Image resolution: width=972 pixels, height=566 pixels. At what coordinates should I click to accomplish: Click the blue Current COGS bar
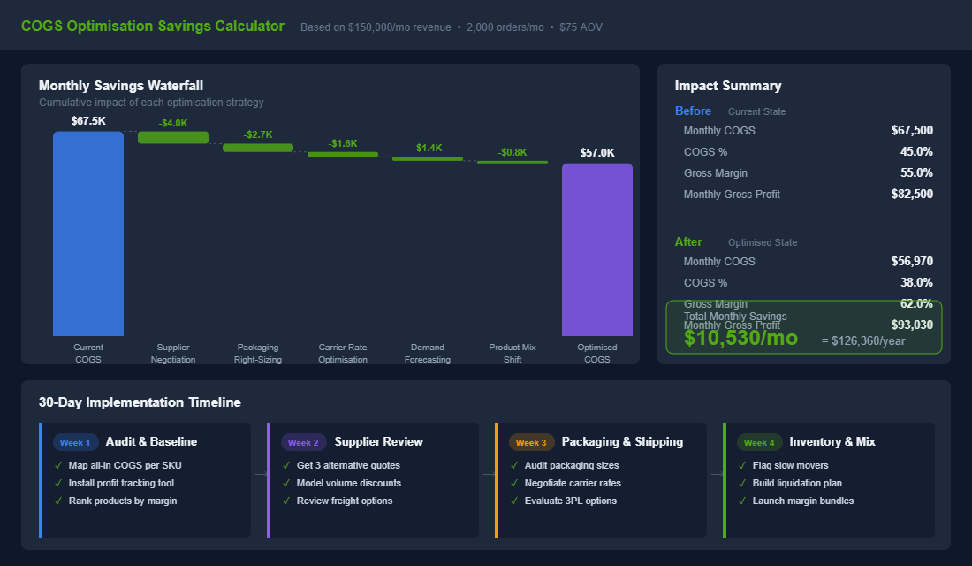(87, 233)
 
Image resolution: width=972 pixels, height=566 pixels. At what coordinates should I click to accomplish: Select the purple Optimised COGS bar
(596, 249)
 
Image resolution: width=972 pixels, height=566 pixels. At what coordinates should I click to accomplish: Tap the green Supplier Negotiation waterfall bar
(173, 137)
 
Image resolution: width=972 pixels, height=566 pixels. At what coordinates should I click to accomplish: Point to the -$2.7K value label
(258, 134)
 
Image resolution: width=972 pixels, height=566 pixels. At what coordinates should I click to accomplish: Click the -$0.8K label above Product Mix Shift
(513, 152)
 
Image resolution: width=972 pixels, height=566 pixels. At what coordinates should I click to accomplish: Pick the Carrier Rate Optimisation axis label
(343, 353)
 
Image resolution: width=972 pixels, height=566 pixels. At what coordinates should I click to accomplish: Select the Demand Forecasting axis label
(428, 353)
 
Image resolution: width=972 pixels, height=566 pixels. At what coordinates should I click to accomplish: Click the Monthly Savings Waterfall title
(121, 86)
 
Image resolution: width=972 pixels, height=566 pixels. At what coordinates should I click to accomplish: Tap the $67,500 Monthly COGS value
(912, 130)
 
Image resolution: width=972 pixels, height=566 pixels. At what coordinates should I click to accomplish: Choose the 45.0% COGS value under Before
(916, 151)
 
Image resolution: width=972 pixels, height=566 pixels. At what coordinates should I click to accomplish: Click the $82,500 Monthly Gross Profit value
(912, 194)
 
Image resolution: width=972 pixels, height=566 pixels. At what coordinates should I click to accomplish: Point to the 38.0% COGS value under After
(916, 282)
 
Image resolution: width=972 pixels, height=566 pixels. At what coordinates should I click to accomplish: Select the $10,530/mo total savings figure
(740, 338)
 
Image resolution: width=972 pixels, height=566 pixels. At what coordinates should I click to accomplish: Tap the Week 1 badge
(75, 442)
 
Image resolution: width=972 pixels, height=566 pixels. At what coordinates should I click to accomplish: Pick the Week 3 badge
(531, 442)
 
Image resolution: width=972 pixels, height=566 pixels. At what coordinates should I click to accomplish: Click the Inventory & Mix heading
(832, 441)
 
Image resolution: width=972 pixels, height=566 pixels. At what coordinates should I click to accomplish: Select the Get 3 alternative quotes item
(348, 465)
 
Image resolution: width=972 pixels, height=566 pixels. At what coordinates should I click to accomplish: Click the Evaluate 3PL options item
(571, 501)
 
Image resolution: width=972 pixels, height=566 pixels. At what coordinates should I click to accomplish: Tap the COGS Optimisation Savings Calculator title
(153, 26)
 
